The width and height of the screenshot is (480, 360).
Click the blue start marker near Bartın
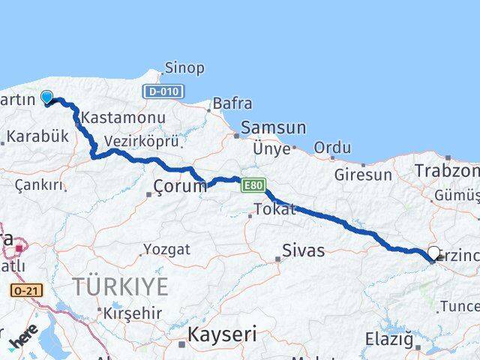pos(46,97)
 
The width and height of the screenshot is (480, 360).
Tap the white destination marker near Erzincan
pos(433,253)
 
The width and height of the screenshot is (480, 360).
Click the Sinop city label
pos(184,68)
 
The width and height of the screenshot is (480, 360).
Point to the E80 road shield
pos(251,184)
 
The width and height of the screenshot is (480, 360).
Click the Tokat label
pos(275,209)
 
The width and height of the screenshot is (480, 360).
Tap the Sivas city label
pos(304,250)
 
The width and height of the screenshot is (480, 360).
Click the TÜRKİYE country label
pos(120,285)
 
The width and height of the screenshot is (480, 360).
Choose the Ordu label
pos(332,148)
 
